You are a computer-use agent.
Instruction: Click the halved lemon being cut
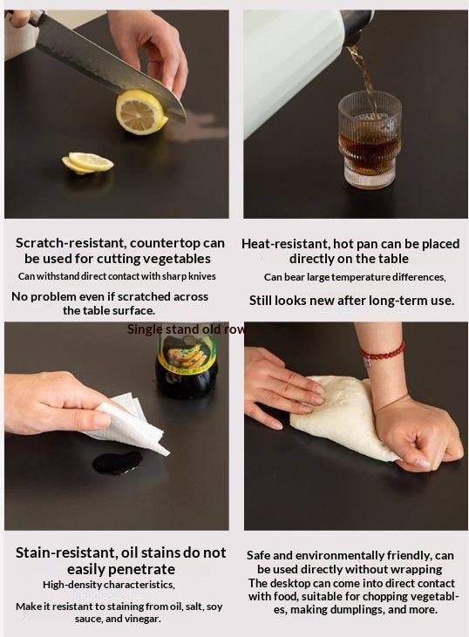pos(141,112)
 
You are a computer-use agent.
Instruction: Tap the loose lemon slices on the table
pos(87,163)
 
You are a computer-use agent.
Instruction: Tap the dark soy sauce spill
pos(117,463)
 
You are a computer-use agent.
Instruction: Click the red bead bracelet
pos(382,353)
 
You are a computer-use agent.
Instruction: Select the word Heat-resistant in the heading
pos(285,244)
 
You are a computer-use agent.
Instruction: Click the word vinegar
pos(143,619)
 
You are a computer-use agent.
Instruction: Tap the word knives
pos(202,276)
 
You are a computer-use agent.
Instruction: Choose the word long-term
pos(392,301)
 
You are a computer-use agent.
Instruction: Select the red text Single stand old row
pos(187,329)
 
